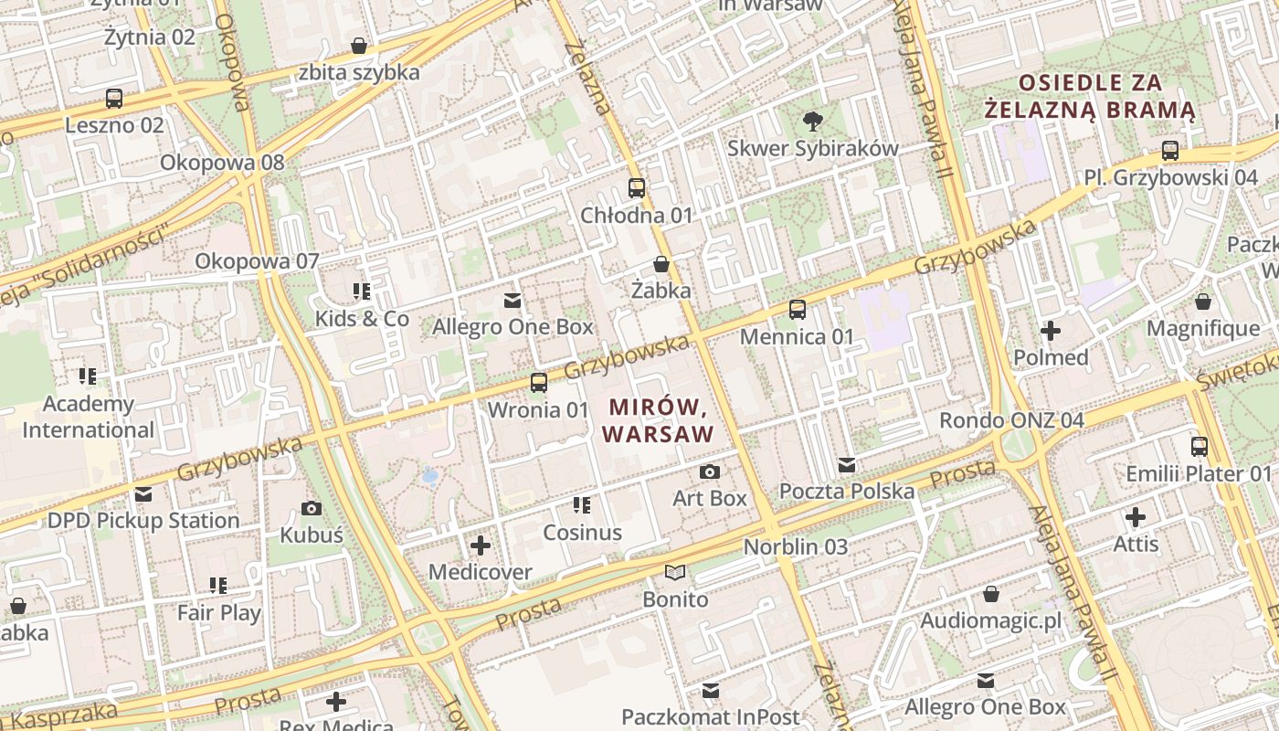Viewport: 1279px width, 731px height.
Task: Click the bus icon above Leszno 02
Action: [114, 98]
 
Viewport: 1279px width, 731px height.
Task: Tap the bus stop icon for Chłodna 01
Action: [637, 188]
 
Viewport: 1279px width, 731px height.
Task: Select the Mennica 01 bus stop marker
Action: [798, 310]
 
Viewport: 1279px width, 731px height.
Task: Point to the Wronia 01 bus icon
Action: [539, 383]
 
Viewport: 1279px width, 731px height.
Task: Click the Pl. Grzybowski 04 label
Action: [1171, 177]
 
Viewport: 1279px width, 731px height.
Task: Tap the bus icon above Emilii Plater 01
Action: [1200, 447]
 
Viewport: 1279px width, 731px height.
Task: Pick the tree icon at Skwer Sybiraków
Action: [811, 121]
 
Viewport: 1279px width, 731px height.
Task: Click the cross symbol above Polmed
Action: [1051, 330]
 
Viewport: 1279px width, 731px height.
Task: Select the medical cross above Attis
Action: [1136, 518]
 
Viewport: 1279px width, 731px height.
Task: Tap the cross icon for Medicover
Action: [481, 546]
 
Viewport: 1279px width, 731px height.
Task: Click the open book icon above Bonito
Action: [675, 573]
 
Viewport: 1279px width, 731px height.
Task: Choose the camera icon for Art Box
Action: [709, 471]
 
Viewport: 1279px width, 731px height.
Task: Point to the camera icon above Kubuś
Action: [312, 508]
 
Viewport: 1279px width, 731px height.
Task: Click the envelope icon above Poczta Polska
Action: [847, 465]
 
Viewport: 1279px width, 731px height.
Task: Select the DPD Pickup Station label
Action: [143, 520]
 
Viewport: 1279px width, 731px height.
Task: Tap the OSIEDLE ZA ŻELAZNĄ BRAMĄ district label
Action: [1090, 96]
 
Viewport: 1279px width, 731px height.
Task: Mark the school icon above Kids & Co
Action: [362, 291]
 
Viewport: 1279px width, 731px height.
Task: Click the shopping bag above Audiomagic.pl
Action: [991, 595]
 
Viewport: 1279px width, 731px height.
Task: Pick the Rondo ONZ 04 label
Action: [1012, 420]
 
